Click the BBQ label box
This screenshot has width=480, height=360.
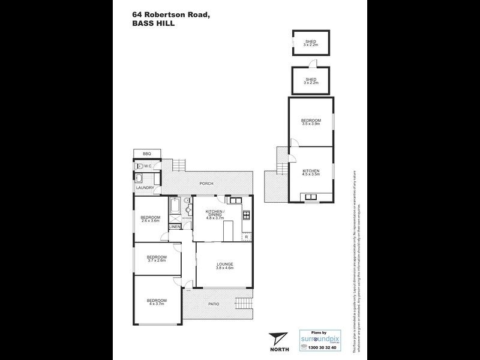click(x=147, y=154)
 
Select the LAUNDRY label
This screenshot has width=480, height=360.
click(x=145, y=188)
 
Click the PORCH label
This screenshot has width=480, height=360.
click(x=207, y=184)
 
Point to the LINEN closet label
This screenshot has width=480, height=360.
click(x=175, y=227)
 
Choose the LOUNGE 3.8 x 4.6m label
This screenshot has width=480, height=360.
click(x=225, y=266)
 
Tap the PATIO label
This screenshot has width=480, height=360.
click(x=214, y=304)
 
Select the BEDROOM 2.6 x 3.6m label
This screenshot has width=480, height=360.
click(x=150, y=219)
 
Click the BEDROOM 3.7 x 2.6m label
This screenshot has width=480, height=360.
click(x=156, y=259)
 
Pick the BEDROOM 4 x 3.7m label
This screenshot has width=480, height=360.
click(x=156, y=302)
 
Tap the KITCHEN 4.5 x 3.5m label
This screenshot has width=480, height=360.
click(x=311, y=173)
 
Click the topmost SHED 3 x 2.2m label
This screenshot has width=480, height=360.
click(x=310, y=43)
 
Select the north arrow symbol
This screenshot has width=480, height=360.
click(x=276, y=339)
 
